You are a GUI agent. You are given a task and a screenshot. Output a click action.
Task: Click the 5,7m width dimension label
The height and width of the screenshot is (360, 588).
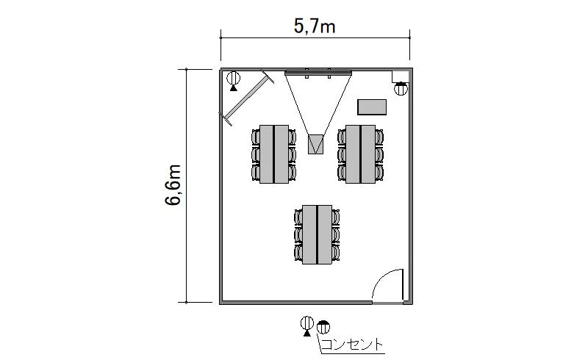[315, 27]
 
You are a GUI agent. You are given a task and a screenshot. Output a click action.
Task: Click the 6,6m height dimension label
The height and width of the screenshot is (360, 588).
[173, 185]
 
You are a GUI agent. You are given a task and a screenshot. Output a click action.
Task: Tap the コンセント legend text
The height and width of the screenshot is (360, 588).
[353, 345]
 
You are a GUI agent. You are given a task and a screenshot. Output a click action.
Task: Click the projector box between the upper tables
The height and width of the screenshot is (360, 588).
[315, 144]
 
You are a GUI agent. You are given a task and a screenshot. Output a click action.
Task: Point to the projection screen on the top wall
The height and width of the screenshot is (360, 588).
[318, 73]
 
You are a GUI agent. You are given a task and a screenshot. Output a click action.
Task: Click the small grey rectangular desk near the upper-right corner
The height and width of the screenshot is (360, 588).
[372, 107]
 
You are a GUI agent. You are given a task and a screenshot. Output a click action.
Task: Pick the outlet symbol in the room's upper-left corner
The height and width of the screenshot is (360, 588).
[233, 79]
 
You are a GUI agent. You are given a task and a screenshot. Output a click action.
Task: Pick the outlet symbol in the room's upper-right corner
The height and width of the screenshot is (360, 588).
[401, 89]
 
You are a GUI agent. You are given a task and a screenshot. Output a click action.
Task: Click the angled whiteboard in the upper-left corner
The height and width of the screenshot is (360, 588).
[247, 97]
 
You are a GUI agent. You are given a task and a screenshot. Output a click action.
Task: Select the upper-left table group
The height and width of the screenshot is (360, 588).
[273, 154]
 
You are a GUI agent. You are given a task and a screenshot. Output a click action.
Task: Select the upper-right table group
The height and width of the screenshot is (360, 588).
[360, 154]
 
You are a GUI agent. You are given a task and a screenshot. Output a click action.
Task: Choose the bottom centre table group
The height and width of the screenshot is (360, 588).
[317, 234]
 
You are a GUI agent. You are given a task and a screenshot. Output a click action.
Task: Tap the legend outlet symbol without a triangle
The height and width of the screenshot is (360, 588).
[323, 328]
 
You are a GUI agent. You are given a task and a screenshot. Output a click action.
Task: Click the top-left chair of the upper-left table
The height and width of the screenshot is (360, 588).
[255, 137]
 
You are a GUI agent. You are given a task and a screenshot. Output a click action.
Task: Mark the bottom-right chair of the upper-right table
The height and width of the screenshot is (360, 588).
[379, 173]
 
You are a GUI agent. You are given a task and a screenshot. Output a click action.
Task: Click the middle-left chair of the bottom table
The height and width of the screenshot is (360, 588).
[298, 235]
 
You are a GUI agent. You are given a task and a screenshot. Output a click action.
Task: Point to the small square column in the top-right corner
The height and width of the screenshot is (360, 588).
[400, 76]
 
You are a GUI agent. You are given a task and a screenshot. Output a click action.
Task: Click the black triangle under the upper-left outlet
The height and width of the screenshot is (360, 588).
[233, 88]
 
